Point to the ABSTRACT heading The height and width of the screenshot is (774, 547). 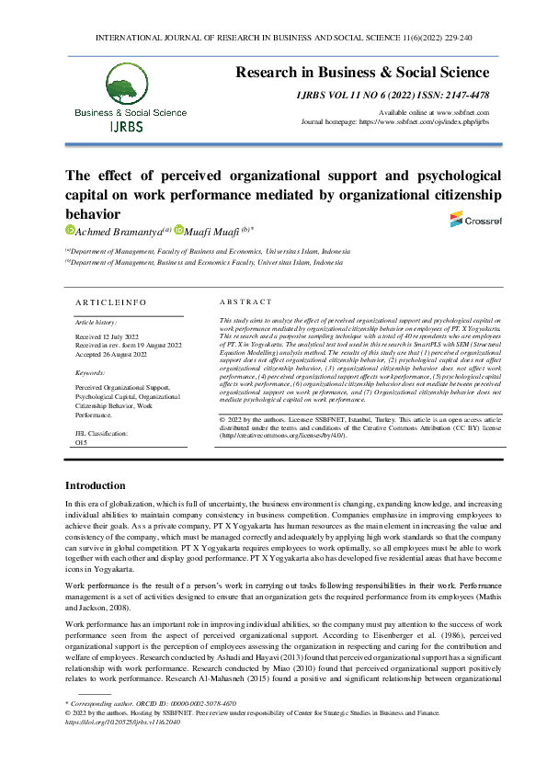pyautogui.click(x=245, y=302)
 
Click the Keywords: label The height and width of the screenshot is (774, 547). pyautogui.click(x=90, y=372)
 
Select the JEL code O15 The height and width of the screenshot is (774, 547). pyautogui.click(x=81, y=441)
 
